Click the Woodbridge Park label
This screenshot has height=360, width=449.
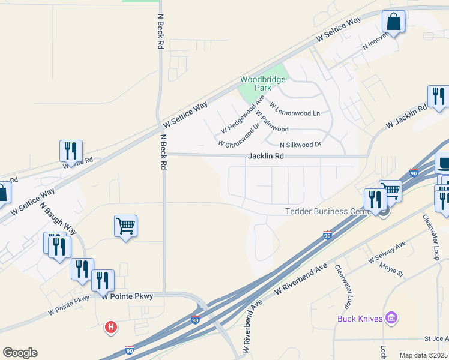coord(263,83)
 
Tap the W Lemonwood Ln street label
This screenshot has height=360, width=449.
coord(295,109)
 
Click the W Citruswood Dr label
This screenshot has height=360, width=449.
coord(238,136)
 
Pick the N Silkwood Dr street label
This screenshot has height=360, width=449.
coord(301,145)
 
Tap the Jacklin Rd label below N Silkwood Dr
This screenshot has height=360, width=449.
coord(265,156)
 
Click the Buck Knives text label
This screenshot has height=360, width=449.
coord(360,318)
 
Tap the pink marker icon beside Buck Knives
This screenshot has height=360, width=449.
coord(391,317)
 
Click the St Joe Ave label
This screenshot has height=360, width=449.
coord(436,339)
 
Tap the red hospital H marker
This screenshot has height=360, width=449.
coord(111,327)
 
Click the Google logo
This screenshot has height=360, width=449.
coord(20,353)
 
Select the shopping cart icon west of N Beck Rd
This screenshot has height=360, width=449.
coord(126,226)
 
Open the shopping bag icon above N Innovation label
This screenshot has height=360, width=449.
coord(394,22)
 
